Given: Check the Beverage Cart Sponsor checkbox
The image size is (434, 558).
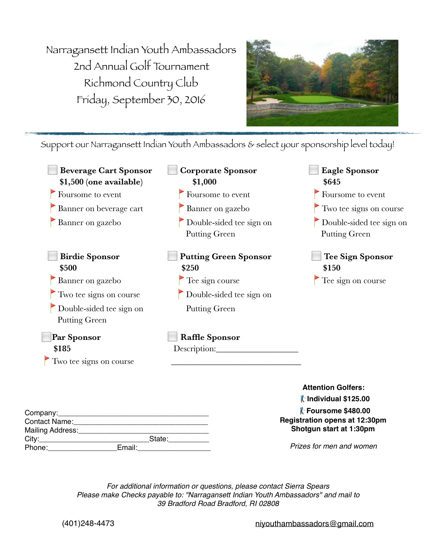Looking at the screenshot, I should [x=53, y=170].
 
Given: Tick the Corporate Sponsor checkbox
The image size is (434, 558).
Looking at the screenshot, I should [x=172, y=170].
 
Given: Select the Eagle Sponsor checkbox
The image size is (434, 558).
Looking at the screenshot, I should [x=314, y=170].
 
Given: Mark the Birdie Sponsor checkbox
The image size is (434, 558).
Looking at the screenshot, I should [x=53, y=256].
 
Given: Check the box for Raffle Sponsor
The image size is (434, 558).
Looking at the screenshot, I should [x=172, y=337].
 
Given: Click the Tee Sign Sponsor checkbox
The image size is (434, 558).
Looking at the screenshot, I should [x=316, y=256].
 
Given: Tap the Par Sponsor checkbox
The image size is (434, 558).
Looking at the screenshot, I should [x=46, y=337].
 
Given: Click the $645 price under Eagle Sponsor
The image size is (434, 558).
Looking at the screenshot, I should [x=332, y=182].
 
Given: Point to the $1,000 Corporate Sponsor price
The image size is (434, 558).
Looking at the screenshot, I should [x=204, y=182].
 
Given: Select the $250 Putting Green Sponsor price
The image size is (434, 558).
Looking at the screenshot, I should [x=190, y=268].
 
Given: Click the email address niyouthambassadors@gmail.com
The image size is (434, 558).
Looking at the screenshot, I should [x=314, y=524].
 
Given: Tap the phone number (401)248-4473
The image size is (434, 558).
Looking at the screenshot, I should [x=88, y=523].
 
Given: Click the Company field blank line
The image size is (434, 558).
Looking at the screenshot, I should [x=133, y=414].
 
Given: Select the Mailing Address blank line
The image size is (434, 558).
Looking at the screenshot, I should [x=143, y=431].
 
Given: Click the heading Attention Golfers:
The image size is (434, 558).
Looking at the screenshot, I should [x=333, y=388].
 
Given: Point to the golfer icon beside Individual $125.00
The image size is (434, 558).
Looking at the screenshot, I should [x=302, y=399].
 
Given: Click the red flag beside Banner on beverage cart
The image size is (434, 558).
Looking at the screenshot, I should [x=53, y=207].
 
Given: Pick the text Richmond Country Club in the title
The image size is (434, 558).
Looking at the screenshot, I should [x=141, y=83].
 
